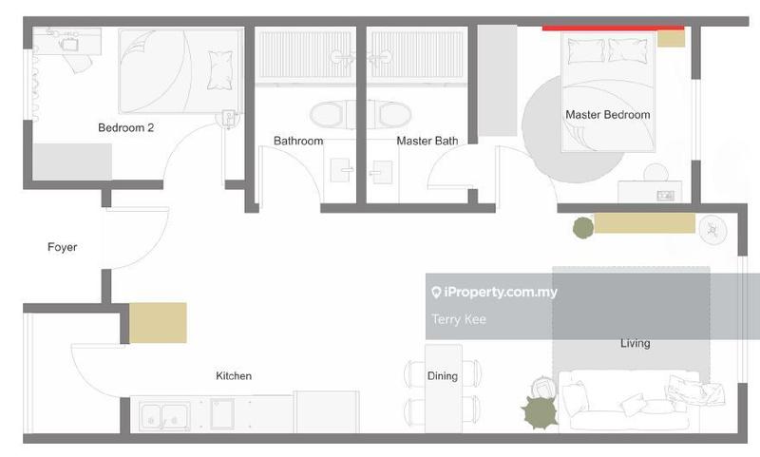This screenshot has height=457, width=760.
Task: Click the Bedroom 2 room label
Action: [x=125, y=128]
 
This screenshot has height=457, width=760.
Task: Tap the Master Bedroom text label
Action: [x=608, y=115]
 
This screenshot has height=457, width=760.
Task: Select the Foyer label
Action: [x=62, y=247]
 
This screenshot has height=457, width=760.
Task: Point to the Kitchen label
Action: [x=234, y=375]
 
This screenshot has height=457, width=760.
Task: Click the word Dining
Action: [x=443, y=375]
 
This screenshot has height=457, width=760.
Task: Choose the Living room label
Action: [x=636, y=343]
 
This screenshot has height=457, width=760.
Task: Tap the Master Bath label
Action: [x=427, y=141]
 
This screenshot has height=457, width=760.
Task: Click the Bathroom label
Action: [x=298, y=141]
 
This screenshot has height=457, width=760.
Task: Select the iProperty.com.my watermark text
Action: [x=494, y=292]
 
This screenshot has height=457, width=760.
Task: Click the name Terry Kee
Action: [x=459, y=319]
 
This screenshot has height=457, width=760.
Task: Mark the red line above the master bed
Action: [x=613, y=29]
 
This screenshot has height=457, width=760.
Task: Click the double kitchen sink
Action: [x=164, y=416]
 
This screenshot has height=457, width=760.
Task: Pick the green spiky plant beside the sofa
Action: [x=540, y=412]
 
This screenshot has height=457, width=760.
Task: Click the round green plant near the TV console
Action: [x=583, y=228]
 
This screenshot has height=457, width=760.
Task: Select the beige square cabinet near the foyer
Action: [x=158, y=323]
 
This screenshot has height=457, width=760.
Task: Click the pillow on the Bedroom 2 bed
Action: [x=219, y=69]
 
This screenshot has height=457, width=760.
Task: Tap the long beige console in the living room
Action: [x=645, y=223]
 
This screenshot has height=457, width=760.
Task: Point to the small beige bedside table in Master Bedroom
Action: [x=671, y=38]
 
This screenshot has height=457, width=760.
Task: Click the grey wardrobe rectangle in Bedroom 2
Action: [x=72, y=162]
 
